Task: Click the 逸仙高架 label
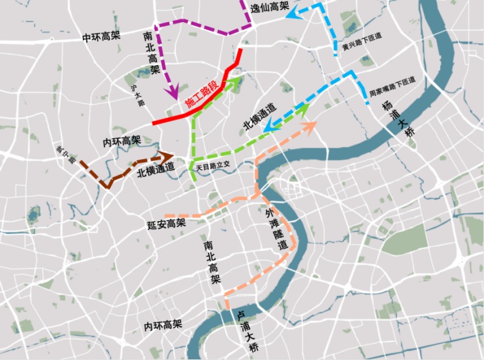[269, 8]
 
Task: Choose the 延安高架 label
[166, 224]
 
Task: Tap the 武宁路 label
[66, 154]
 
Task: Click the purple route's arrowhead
[172, 93]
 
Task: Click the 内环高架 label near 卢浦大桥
[163, 325]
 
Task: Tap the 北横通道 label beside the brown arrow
[155, 170]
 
